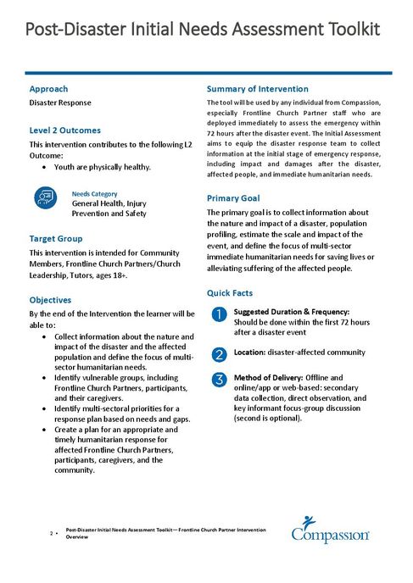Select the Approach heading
pos(48,89)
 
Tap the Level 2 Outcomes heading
pos(64,130)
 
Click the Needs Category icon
pos(44,198)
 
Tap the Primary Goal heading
pos(233,198)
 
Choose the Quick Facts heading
pos(231,293)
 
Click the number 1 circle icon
pos(218,316)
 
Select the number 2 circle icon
pos(218,353)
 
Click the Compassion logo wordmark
pos(330,536)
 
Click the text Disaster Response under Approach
pos(60,103)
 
